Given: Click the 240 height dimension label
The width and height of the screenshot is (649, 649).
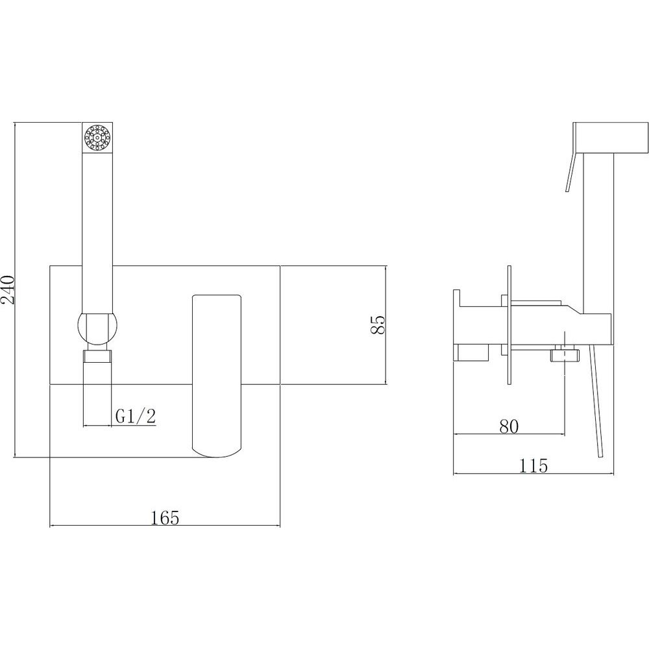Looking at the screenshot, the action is (9, 289).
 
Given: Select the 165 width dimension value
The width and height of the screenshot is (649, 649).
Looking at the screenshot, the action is (165, 518).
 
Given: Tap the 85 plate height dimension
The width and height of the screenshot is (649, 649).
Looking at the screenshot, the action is (378, 325).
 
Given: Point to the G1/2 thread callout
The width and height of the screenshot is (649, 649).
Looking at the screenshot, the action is (136, 416).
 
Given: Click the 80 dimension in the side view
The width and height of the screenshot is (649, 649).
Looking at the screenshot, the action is (509, 426).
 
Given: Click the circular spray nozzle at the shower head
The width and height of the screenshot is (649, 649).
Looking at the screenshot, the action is (98, 138).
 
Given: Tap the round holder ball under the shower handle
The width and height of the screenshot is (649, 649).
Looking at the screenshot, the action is (98, 328).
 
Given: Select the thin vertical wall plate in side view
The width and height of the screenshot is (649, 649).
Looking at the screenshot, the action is (509, 325).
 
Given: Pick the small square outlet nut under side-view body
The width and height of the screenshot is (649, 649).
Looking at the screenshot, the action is (565, 355).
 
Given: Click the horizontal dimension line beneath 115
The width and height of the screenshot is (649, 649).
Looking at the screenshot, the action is (533, 474).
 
